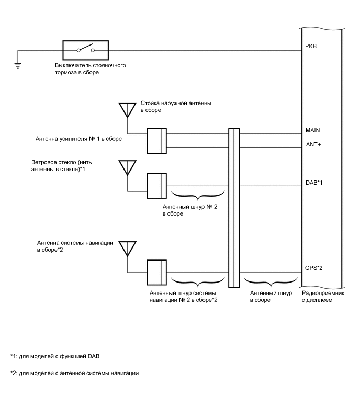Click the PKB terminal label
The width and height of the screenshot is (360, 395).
point(310,46)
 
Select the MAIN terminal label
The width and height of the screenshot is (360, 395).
point(312,130)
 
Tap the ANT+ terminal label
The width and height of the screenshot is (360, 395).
point(312,144)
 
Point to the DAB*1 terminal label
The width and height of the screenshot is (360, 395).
point(314,183)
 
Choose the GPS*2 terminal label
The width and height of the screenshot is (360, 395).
point(314,267)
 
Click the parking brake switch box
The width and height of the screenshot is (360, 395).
point(86,50)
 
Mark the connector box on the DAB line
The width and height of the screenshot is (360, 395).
point(156,186)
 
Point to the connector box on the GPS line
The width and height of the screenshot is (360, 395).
point(156,273)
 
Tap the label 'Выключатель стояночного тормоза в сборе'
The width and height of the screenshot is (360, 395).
point(90,69)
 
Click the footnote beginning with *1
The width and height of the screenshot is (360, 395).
point(54,356)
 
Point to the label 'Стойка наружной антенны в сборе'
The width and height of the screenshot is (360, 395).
point(176,107)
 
